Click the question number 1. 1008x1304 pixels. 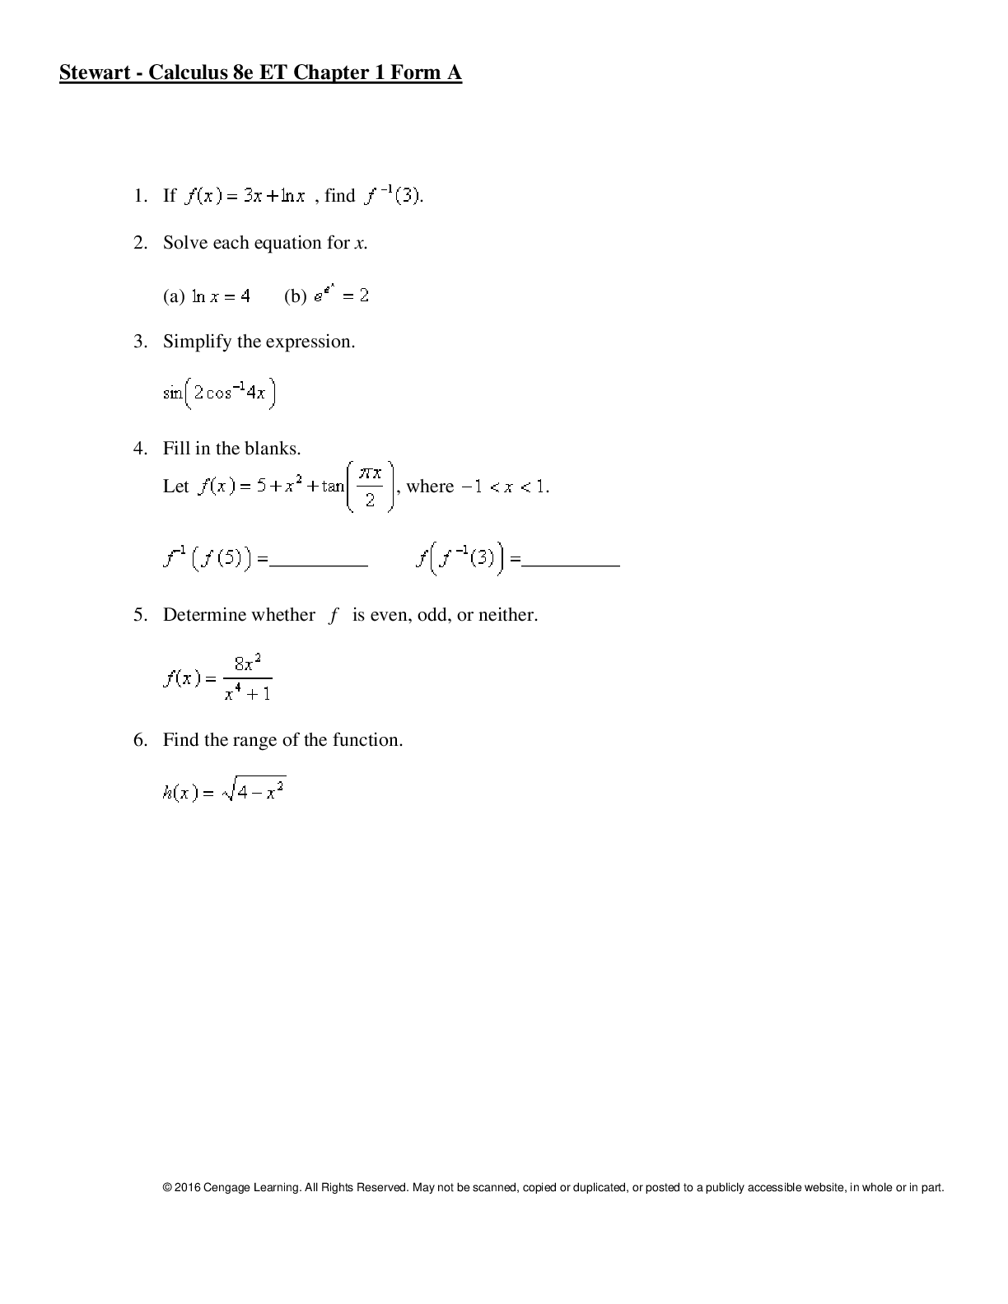click(x=139, y=196)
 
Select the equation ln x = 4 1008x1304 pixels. click(x=221, y=296)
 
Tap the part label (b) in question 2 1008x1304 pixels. click(x=295, y=296)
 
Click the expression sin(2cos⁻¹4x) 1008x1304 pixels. click(x=219, y=393)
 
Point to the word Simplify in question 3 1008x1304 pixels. click(x=197, y=342)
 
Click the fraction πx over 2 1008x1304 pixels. click(x=371, y=487)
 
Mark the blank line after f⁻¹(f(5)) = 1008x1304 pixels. click(x=319, y=566)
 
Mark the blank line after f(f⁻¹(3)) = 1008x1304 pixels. click(x=572, y=566)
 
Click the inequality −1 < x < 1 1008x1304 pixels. click(x=505, y=487)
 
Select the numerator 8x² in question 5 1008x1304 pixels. click(x=248, y=664)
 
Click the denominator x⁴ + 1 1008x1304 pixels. click(x=248, y=694)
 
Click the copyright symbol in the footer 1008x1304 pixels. click(x=167, y=1188)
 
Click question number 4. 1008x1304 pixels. click(x=139, y=449)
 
